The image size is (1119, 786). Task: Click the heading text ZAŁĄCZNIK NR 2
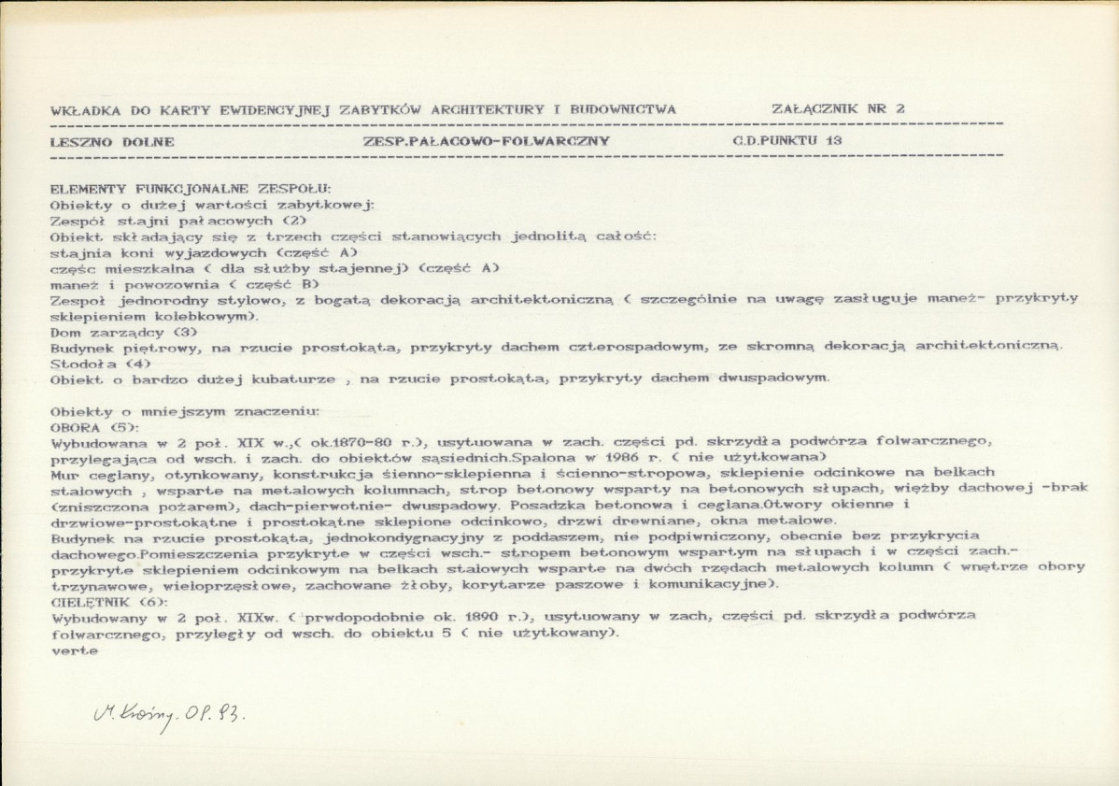838,108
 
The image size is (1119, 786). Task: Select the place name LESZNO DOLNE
111,141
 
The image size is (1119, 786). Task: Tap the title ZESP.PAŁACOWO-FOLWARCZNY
486,141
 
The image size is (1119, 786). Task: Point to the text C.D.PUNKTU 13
787,140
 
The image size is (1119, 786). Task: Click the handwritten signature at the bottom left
169,717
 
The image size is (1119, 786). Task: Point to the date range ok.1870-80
348,441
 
